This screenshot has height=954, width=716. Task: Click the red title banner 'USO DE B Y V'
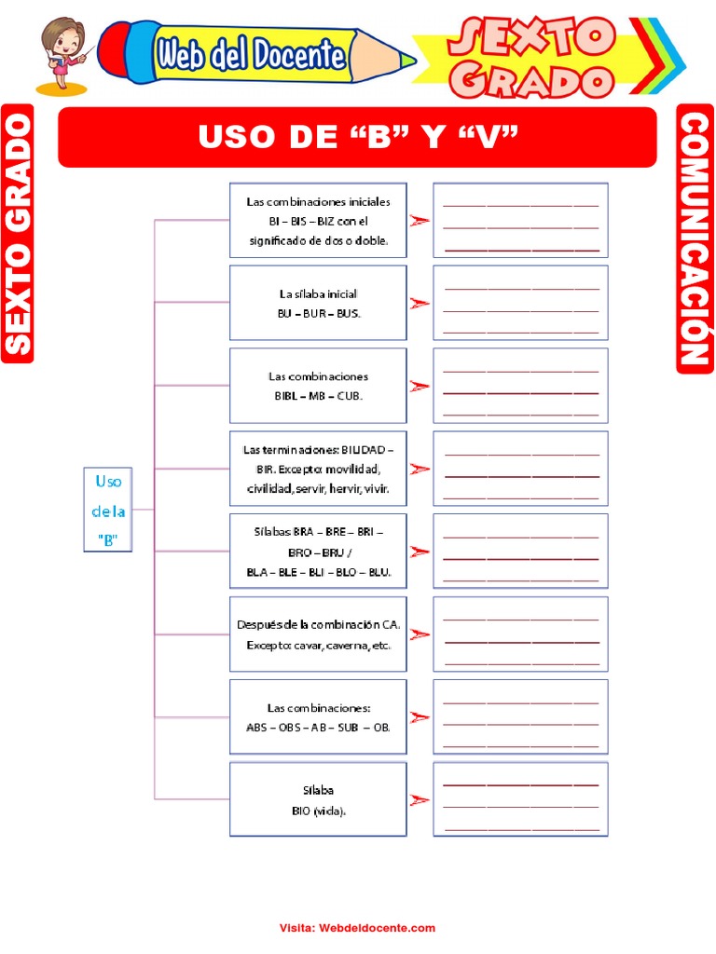pyautogui.click(x=357, y=137)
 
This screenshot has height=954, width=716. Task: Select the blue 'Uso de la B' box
pyautogui.click(x=108, y=509)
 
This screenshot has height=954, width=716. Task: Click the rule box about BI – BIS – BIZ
pyautogui.click(x=318, y=220)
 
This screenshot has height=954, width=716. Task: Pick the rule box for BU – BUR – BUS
pyautogui.click(x=318, y=303)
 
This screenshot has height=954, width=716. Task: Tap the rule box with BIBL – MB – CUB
pyautogui.click(x=318, y=386)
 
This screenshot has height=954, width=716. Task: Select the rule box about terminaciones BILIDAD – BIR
pyautogui.click(x=318, y=469)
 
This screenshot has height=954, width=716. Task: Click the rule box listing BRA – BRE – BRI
pyautogui.click(x=318, y=552)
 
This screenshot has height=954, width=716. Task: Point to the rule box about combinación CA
pyautogui.click(x=318, y=634)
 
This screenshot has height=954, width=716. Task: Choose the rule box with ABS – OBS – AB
pyautogui.click(x=318, y=716)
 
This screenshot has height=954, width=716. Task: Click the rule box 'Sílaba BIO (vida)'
pyautogui.click(x=318, y=799)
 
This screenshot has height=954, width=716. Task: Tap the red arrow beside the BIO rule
pyautogui.click(x=420, y=799)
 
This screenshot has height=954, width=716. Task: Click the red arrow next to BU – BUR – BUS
pyautogui.click(x=420, y=303)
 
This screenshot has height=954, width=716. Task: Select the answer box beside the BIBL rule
pyautogui.click(x=520, y=386)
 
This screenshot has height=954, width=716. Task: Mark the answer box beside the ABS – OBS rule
pyautogui.click(x=520, y=716)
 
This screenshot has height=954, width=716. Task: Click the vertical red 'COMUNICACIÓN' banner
pyautogui.click(x=695, y=238)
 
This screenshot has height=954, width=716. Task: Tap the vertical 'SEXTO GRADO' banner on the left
pyautogui.click(x=18, y=233)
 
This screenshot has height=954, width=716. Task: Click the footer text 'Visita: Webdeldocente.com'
pyautogui.click(x=357, y=928)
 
